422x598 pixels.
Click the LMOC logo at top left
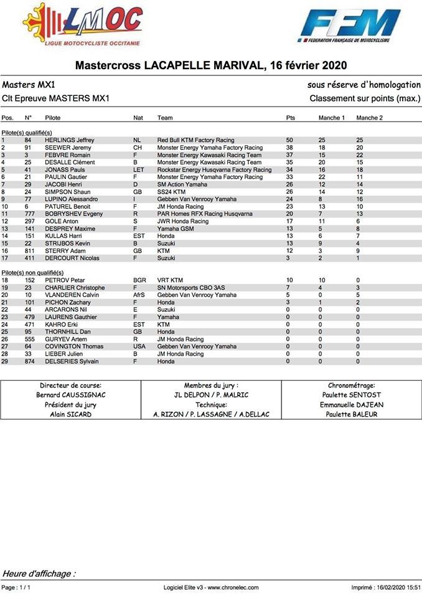pyautogui.click(x=84, y=25)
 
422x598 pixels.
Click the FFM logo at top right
pyautogui.click(x=352, y=26)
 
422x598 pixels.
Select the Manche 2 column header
pyautogui.click(x=369, y=118)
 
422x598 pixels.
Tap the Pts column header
pyautogui.click(x=291, y=118)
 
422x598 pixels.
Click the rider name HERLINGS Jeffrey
pyautogui.click(x=70, y=140)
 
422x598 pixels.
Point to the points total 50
pyautogui.click(x=289, y=140)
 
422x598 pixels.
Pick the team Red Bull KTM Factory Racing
pyautogui.click(x=196, y=140)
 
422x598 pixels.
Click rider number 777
pyautogui.click(x=29, y=214)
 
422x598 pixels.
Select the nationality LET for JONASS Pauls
pyautogui.click(x=138, y=169)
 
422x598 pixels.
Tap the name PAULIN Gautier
pyautogui.click(x=65, y=177)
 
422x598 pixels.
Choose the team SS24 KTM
pyautogui.click(x=172, y=192)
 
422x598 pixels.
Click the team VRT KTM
pyautogui.click(x=171, y=280)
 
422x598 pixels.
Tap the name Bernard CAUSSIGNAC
pyautogui.click(x=70, y=395)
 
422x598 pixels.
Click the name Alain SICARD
pyautogui.click(x=70, y=414)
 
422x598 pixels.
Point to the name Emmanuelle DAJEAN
pyautogui.click(x=352, y=405)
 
